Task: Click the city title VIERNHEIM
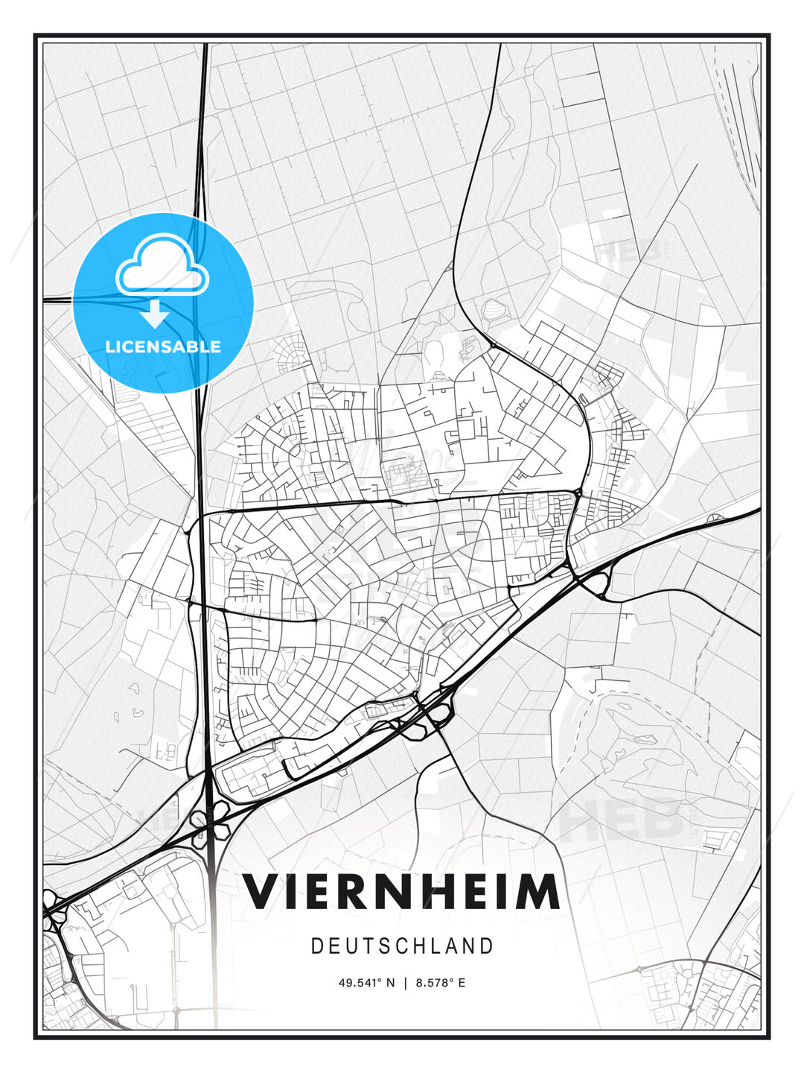pyautogui.click(x=402, y=892)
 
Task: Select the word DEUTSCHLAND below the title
pyautogui.click(x=402, y=946)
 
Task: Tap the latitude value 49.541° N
pyautogui.click(x=367, y=983)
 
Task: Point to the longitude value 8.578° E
pyautogui.click(x=441, y=983)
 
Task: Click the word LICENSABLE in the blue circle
pyautogui.click(x=163, y=346)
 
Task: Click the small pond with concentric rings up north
pyautogui.click(x=494, y=308)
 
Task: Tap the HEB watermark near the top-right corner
pyautogui.click(x=630, y=250)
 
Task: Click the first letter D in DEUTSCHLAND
pyautogui.click(x=316, y=946)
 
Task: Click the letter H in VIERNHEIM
pyautogui.click(x=430, y=892)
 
